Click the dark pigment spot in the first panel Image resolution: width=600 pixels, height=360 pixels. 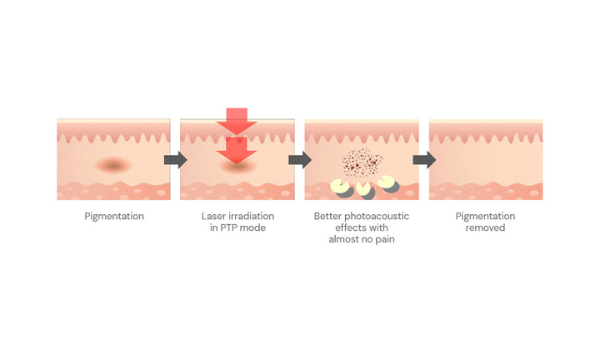113,165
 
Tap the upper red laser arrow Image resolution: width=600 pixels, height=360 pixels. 237,122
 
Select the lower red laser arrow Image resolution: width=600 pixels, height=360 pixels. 237,150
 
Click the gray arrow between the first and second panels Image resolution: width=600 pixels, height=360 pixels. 176,160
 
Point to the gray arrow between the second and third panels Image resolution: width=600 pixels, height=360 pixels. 300,160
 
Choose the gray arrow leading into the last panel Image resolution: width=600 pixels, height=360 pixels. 425,160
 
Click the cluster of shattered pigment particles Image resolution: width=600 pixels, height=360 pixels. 362,163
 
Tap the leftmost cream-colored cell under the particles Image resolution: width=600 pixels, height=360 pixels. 340,187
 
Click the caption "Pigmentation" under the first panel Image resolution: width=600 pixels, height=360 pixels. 114,217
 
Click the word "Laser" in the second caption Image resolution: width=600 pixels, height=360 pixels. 211,216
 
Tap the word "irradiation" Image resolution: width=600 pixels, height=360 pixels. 248,216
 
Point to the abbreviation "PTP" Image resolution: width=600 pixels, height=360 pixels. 228,227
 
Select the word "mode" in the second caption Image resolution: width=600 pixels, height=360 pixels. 252,227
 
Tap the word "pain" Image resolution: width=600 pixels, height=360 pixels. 385,239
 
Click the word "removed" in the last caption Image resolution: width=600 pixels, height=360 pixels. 485,227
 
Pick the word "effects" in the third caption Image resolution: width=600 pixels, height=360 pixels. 349,227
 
